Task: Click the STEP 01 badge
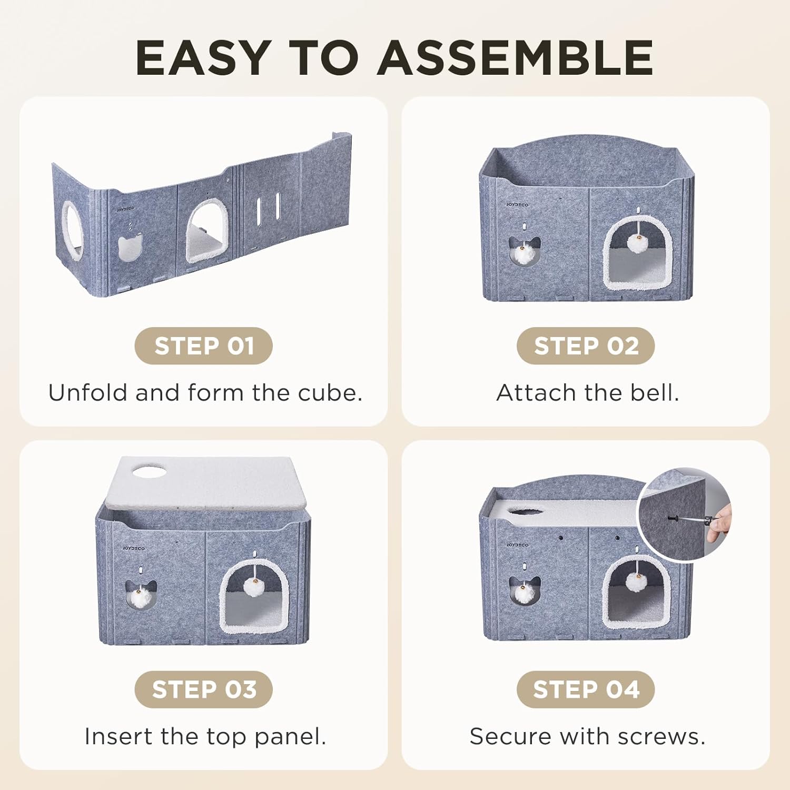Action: click(204, 346)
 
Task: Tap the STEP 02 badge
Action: click(586, 346)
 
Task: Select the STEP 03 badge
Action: click(204, 689)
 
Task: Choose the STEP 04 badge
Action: click(586, 689)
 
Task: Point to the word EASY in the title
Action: click(203, 58)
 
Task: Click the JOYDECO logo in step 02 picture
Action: click(517, 204)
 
